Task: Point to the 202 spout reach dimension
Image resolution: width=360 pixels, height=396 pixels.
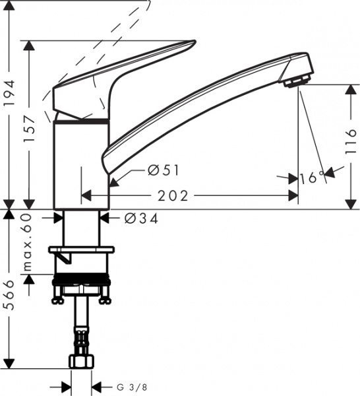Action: (175, 196)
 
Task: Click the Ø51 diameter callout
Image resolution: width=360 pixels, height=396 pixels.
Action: (164, 171)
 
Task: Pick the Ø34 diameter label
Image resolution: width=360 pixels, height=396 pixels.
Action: (140, 218)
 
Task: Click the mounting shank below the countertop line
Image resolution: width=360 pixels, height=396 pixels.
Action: (82, 228)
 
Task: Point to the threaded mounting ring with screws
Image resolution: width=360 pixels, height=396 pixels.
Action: (82, 290)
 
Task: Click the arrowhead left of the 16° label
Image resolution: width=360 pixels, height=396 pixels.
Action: (292, 178)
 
